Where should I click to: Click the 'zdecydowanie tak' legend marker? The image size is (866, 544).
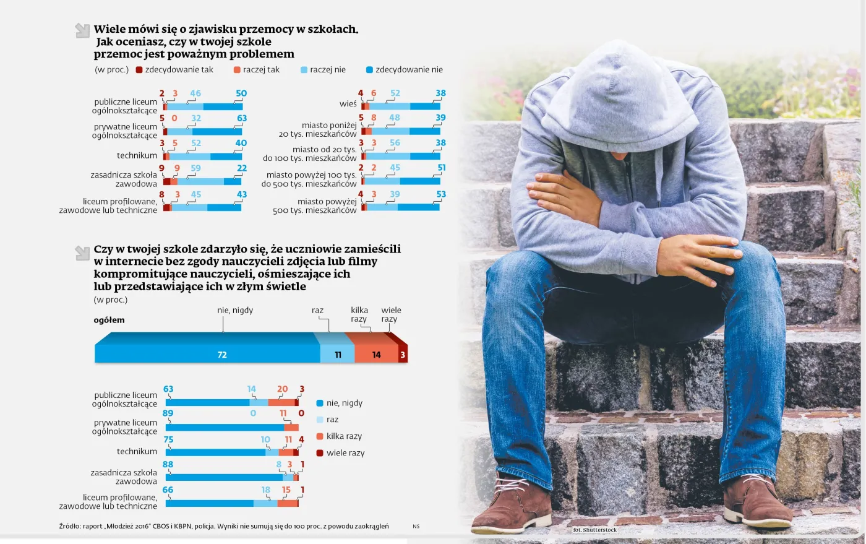[139, 70]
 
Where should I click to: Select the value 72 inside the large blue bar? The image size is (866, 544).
[222, 355]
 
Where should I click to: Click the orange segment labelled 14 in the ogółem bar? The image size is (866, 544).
[376, 355]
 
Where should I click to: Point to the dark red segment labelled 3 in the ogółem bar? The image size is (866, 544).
[403, 355]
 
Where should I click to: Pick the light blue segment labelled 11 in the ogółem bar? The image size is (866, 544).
[338, 355]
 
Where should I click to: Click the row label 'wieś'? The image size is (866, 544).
[348, 104]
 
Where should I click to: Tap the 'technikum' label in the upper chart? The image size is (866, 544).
[137, 155]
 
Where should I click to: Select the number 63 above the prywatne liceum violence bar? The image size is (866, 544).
[242, 118]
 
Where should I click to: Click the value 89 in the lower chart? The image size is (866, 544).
[168, 413]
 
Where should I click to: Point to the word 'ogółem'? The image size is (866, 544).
[109, 320]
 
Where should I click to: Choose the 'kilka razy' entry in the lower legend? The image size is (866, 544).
[344, 436]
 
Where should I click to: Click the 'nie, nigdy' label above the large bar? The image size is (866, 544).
[235, 310]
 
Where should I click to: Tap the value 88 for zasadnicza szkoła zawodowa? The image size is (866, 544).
[168, 464]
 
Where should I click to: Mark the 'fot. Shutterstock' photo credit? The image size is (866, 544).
[595, 530]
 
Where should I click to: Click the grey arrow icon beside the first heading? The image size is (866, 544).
[82, 30]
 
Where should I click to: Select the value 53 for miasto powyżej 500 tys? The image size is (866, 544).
[441, 194]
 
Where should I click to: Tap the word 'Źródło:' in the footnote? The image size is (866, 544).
[70, 526]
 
